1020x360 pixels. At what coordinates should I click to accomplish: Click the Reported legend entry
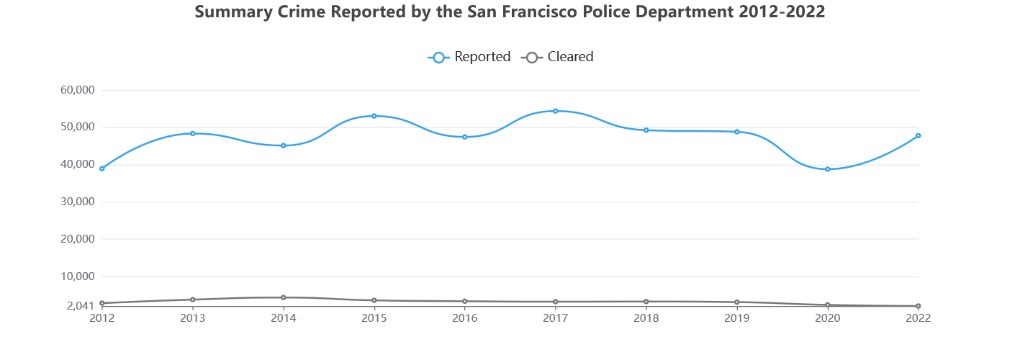470,57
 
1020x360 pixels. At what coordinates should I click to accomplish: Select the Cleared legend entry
558,57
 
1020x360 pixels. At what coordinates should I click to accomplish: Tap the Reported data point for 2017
556,111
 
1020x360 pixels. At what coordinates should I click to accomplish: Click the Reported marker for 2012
102,168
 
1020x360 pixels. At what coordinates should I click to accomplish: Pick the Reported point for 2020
828,169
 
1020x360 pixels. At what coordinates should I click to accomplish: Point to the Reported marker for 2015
374,116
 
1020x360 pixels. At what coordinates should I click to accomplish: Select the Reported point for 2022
919,135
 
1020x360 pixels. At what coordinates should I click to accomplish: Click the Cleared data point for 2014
284,297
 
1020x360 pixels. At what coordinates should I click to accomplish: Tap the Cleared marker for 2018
646,302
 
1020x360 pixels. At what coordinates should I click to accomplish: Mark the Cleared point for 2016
465,301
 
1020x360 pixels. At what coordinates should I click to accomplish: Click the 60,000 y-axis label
78,90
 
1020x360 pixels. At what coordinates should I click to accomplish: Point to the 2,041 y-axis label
81,306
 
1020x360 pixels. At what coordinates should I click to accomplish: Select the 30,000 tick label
78,202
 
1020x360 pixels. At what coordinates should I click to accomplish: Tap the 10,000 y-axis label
78,276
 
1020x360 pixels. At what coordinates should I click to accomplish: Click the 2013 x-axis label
193,318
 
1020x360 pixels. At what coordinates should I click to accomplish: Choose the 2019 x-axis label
737,318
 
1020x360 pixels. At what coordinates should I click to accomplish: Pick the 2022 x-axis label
919,318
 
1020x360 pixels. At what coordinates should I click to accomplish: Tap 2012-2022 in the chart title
782,12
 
